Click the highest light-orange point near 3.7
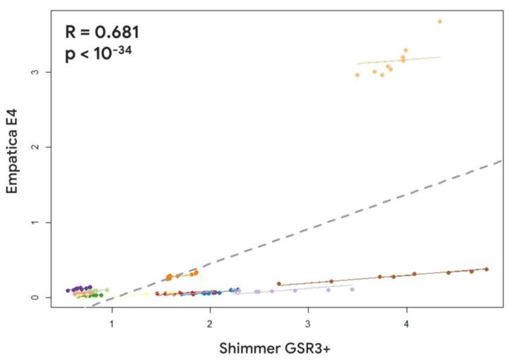[x=440, y=21]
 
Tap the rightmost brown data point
[x=486, y=269]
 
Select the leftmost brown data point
[x=279, y=284]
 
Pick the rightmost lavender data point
[x=352, y=289]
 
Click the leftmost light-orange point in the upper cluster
[x=358, y=74]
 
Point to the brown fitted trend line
[x=382, y=277]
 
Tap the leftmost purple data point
[x=68, y=290]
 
